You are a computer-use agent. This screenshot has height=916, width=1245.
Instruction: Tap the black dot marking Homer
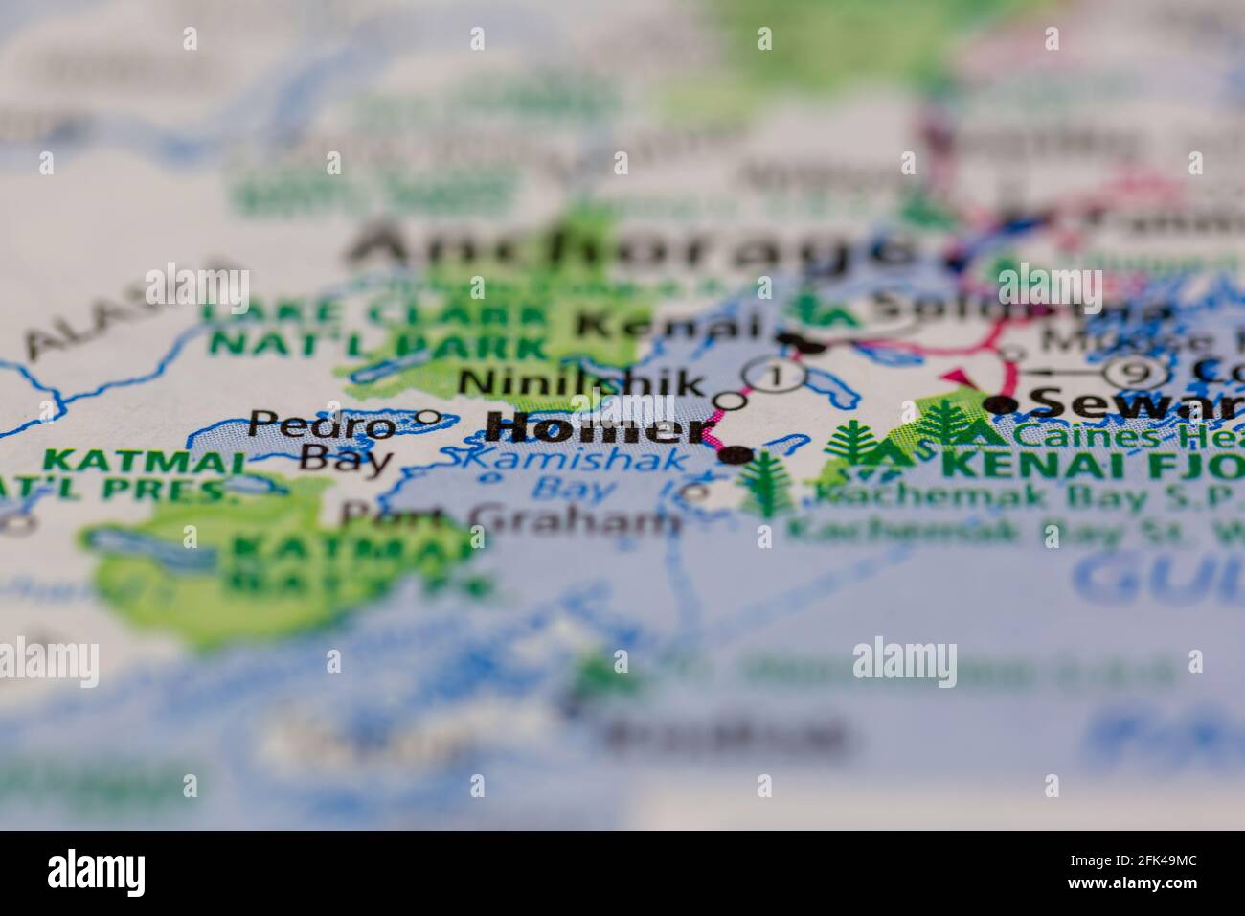736,455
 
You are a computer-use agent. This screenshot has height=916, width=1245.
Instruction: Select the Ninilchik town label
580,383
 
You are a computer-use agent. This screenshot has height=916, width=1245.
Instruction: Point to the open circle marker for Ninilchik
730,400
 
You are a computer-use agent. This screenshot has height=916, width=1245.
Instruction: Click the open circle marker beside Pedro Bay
429,417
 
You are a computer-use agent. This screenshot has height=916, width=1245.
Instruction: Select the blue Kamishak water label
569,460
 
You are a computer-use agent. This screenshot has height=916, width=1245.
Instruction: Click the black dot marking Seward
1002,405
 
